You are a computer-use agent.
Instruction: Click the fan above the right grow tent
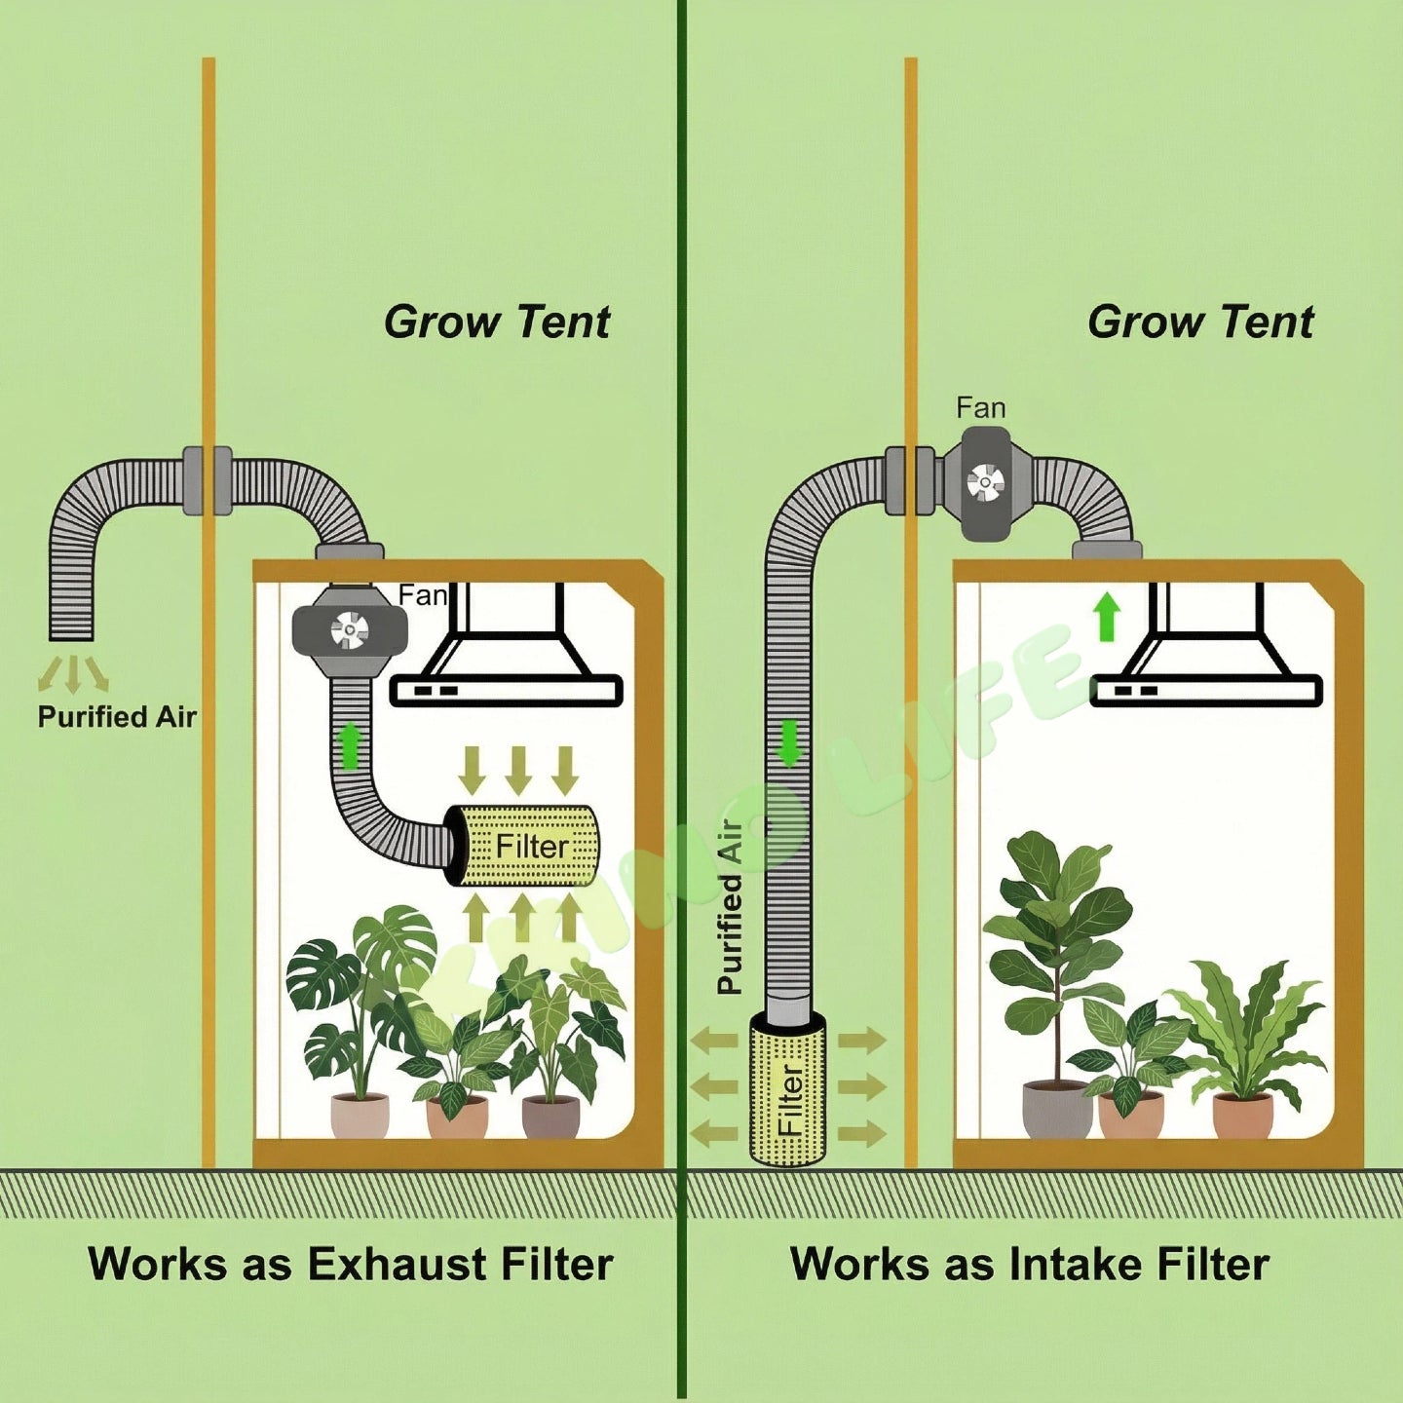pyautogui.click(x=985, y=482)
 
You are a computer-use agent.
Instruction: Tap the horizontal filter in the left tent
pyautogui.click(x=527, y=846)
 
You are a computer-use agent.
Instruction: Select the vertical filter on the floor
pyautogui.click(x=788, y=1089)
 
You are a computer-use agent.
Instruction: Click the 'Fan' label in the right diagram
pyautogui.click(x=980, y=407)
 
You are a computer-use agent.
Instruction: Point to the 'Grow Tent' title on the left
pyautogui.click(x=497, y=322)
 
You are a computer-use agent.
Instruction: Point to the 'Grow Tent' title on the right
pyautogui.click(x=1200, y=322)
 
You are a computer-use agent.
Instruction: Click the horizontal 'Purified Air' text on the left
pyautogui.click(x=117, y=717)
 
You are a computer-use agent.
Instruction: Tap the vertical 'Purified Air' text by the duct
pyautogui.click(x=730, y=906)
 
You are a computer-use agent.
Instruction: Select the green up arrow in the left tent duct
pyautogui.click(x=349, y=745)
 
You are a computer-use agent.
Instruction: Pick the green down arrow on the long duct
pyautogui.click(x=790, y=742)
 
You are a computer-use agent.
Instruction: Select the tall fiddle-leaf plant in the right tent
pyautogui.click(x=1057, y=935)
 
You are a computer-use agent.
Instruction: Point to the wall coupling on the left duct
pyautogui.click(x=208, y=480)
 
